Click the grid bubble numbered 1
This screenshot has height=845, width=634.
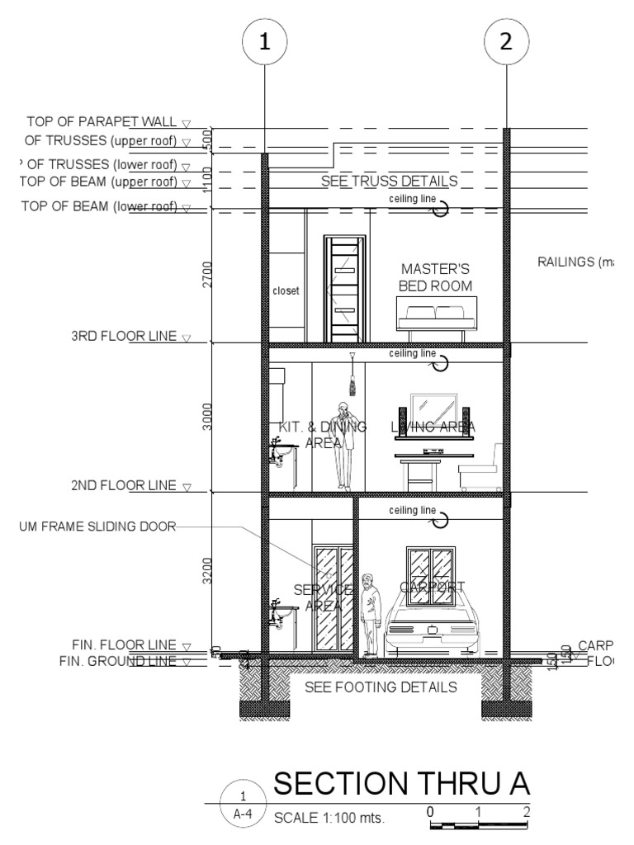264,44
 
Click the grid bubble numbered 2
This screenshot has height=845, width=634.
506,44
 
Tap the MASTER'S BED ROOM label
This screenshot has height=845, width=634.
436,277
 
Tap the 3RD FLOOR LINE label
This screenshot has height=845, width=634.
124,337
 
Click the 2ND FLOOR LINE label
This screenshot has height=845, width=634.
124,485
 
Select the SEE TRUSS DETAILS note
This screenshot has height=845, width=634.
389,180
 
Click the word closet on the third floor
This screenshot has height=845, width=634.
286,291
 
